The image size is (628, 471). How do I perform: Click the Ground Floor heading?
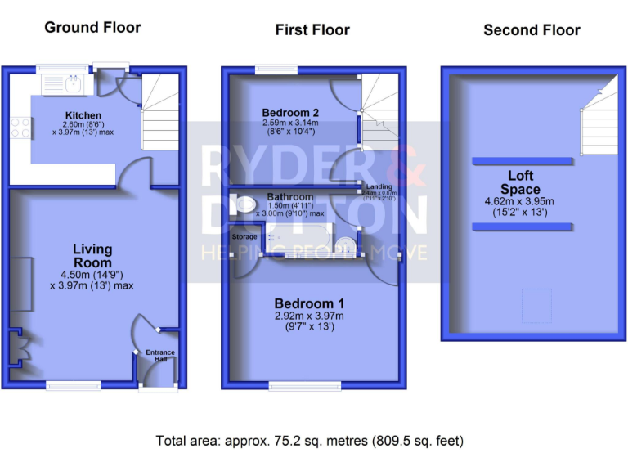click(92, 28)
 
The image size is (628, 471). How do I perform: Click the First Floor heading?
click(312, 30)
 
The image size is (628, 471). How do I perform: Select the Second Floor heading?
click(532, 30)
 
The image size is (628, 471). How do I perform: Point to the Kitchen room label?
click(83, 115)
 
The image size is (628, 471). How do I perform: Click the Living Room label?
click(92, 256)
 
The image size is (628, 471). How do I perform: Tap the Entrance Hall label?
click(160, 356)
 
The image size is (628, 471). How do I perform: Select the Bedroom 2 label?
click(290, 112)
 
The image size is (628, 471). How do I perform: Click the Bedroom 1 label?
click(303, 303)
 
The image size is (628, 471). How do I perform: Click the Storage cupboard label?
click(244, 237)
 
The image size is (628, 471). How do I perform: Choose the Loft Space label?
click(521, 182)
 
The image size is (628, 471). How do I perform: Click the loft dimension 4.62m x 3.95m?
click(521, 201)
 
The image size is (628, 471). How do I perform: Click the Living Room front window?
click(73, 385)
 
